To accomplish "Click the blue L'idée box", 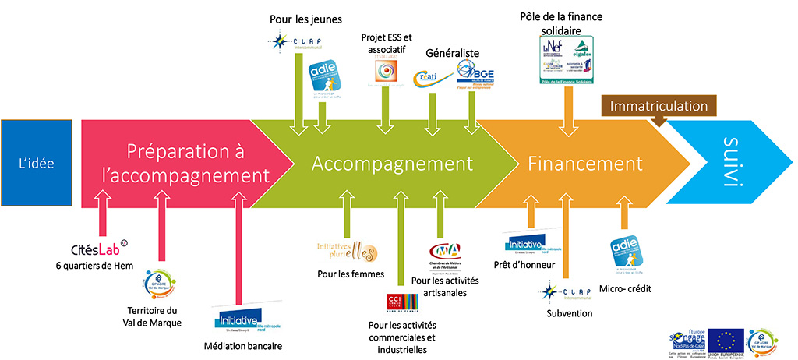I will tap(39, 164).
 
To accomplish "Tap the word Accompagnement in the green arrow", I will tap(393, 164).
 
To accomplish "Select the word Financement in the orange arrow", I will tap(584, 164).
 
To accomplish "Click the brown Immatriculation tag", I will tap(659, 106).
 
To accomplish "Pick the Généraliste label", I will tap(452, 54).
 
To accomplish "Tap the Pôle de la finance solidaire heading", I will tap(565, 22).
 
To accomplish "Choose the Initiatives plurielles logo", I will tap(347, 250).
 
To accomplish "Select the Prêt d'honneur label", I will tap(524, 265).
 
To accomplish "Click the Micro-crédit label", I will tap(625, 289).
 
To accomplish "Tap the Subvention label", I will tap(570, 313).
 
